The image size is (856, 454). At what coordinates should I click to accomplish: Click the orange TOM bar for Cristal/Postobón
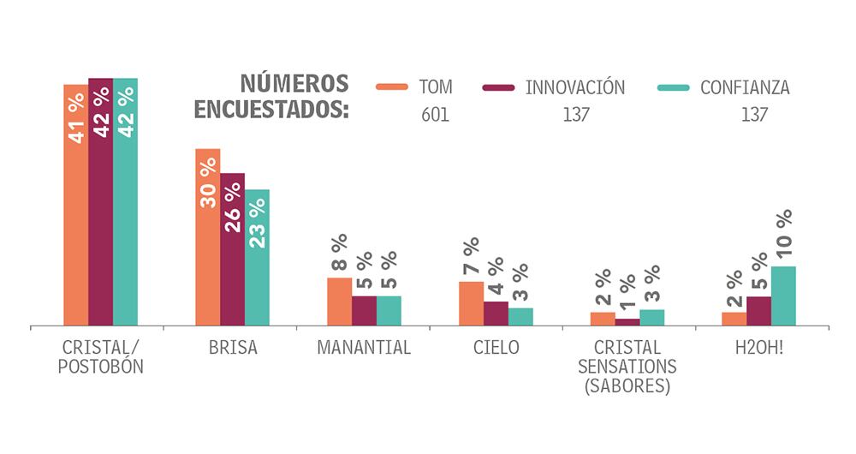76,206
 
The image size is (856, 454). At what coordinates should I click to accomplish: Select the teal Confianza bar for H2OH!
783,296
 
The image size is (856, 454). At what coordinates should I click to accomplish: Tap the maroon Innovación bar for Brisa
232,249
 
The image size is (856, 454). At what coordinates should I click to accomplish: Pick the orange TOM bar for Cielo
471,304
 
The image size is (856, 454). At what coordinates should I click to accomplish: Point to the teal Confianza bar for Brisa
257,257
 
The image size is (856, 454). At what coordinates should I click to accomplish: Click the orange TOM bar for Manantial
339,302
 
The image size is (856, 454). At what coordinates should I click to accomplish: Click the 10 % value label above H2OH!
784,233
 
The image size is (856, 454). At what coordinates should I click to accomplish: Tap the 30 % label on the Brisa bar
208,183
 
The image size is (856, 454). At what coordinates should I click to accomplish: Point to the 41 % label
76,117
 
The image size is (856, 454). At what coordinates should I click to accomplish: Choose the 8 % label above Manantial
339,254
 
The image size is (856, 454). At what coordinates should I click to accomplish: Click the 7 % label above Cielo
471,258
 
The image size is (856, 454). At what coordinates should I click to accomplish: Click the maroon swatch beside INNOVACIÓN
498,87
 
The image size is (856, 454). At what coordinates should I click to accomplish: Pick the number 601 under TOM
435,116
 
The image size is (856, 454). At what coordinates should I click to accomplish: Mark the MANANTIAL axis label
364,349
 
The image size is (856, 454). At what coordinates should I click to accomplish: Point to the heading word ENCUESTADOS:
271,111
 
